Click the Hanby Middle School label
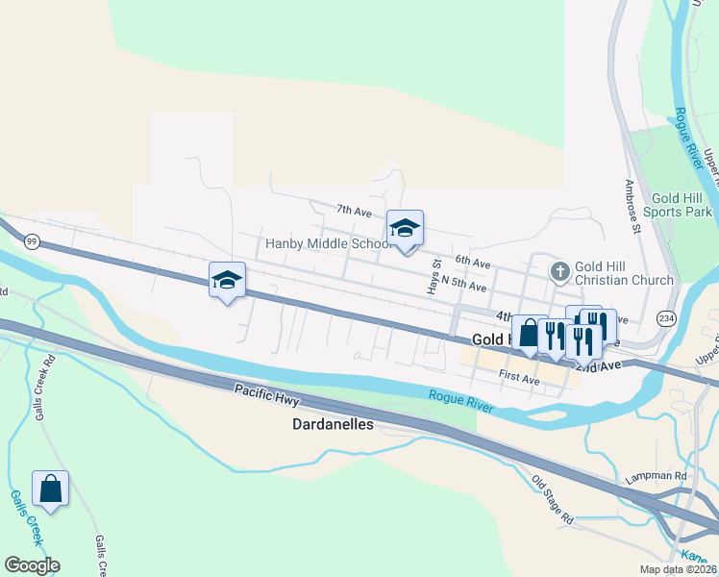pos(325,244)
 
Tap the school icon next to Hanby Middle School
pos(405,228)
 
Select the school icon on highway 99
pos(227,280)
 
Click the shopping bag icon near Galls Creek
pos(50,489)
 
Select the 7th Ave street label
pos(354,210)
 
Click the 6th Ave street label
pos(473,263)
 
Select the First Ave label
pos(519,379)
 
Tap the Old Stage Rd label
pos(553,499)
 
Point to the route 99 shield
pos(32,243)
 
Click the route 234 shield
pos(664,316)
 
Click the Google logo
pos(32,565)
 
